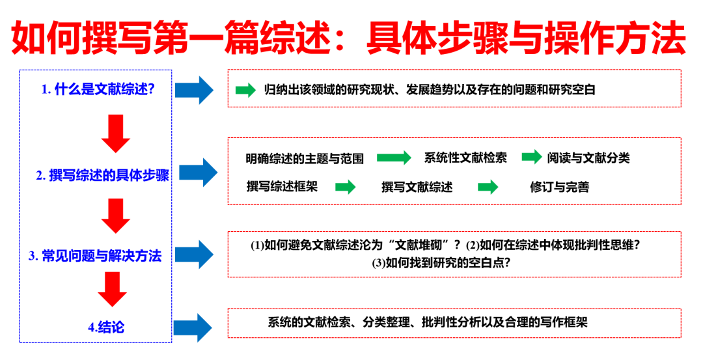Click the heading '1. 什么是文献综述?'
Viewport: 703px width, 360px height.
[98, 89]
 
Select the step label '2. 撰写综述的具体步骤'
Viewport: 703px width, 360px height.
[103, 175]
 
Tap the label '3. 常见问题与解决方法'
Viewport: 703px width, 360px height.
[95, 256]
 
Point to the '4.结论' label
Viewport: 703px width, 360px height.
[106, 327]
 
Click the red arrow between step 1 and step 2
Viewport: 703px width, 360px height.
[117, 133]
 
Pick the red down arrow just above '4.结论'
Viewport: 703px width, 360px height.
[112, 289]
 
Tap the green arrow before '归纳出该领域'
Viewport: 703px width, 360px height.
[245, 90]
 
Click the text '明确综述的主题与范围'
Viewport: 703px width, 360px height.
[305, 158]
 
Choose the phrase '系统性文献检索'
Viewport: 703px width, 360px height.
[465, 158]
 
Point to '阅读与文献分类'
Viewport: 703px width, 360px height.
[588, 158]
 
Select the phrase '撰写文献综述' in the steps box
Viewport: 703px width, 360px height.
[417, 187]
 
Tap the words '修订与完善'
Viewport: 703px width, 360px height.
[559, 187]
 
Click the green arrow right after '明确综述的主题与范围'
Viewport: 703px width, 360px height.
[394, 158]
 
